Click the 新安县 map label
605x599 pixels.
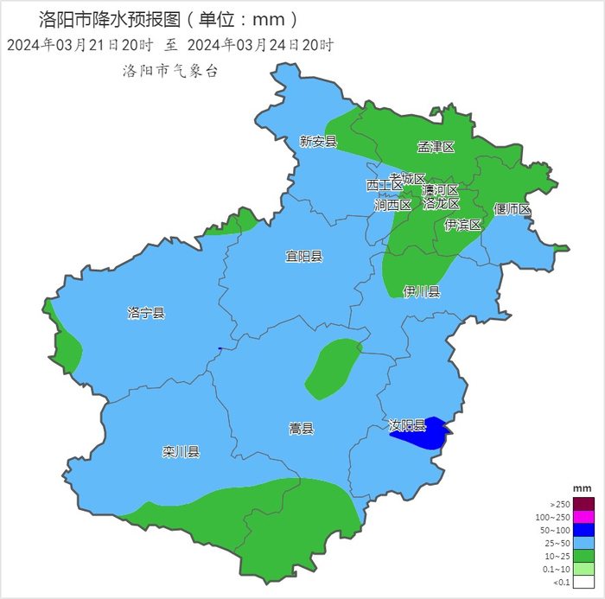coord(317,141)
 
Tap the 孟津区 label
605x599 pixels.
coord(436,147)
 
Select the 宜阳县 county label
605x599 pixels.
coord(304,257)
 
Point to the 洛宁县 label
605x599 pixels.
coord(145,313)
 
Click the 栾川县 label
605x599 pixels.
coord(181,451)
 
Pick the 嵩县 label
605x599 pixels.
coord(301,428)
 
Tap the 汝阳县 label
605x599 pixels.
coord(406,425)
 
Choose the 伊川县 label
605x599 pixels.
coord(422,291)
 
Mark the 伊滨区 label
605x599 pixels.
coord(462,225)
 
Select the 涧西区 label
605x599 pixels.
coord(392,206)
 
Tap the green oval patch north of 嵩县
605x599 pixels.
coord(333,368)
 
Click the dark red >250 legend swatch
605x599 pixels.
coord(584,504)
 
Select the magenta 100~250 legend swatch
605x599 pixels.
coord(584,517)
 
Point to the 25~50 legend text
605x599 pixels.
coord(557,544)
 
